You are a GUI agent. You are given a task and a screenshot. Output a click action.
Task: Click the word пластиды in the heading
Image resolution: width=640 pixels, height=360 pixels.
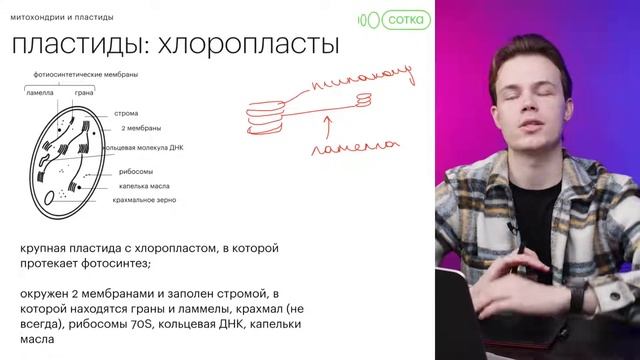(76, 45)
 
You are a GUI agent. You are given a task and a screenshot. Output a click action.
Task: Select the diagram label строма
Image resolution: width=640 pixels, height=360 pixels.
(127, 112)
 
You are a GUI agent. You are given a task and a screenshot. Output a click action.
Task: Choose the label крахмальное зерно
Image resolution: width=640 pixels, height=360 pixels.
(145, 199)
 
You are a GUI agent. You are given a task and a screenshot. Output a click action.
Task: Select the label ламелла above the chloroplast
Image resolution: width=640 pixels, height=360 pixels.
(40, 92)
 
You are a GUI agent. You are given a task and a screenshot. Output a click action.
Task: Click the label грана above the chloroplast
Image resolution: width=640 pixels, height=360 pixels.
(84, 92)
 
